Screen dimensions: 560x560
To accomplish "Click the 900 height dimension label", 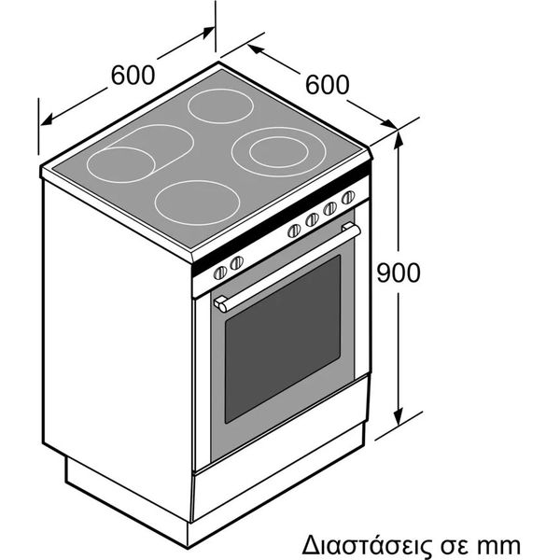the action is pyautogui.click(x=399, y=273).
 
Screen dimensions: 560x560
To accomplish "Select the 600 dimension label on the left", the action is pyautogui.click(x=133, y=75).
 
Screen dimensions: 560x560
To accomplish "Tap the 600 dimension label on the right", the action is pyautogui.click(x=328, y=85).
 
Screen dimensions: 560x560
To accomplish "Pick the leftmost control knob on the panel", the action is pyautogui.click(x=219, y=273).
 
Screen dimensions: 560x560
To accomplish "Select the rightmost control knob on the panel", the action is pyautogui.click(x=348, y=198).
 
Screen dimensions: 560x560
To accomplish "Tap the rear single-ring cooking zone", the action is pyautogui.click(x=220, y=105).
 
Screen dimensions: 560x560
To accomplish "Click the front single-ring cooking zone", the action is pyautogui.click(x=197, y=203).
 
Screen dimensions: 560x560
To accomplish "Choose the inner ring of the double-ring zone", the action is pyautogui.click(x=278, y=152).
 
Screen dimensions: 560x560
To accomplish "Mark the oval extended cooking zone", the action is pyautogui.click(x=140, y=154).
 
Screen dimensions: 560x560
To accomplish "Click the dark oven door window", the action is pyautogui.click(x=282, y=339).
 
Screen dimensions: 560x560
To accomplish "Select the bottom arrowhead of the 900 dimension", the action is pyautogui.click(x=399, y=417).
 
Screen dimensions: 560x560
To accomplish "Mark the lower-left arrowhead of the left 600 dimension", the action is pyautogui.click(x=47, y=119).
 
